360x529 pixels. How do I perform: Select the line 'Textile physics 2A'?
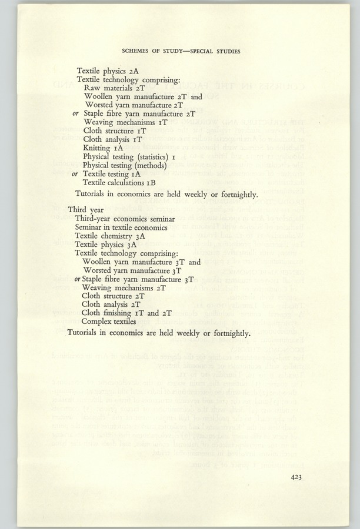coord(108,71)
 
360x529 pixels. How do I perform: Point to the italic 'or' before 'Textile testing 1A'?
coord(75,175)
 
